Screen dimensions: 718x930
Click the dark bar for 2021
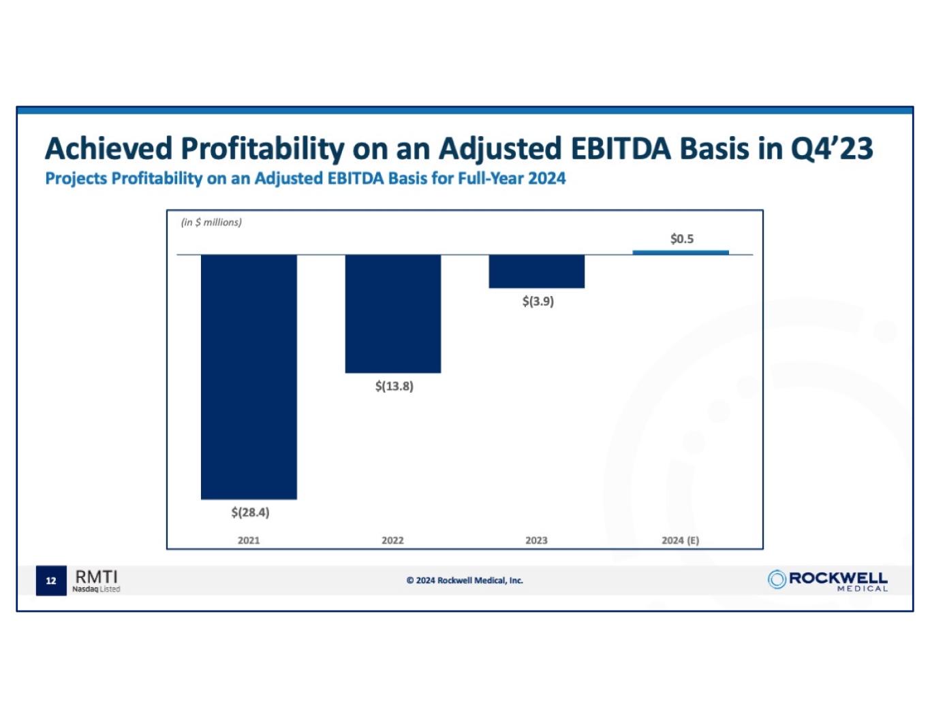tap(249, 376)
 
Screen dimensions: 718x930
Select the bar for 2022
tap(392, 314)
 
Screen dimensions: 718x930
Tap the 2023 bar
tap(536, 271)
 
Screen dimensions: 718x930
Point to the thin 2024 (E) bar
tap(680, 252)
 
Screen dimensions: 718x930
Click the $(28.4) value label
tap(250, 512)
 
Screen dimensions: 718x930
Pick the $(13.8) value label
tap(394, 387)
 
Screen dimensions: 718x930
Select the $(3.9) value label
tap(538, 301)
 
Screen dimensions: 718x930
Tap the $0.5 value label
tap(681, 239)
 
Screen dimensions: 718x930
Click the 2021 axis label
tap(249, 540)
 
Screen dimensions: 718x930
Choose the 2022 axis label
tap(392, 540)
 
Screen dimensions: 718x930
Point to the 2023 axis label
tap(536, 540)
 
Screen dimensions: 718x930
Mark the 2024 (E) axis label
tap(680, 540)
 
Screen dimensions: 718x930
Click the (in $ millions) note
tap(211, 223)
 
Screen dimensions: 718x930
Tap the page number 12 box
tap(51, 581)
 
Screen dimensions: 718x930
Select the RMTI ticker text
tap(96, 577)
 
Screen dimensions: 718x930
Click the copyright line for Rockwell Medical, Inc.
tap(465, 581)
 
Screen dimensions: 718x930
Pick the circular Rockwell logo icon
tap(777, 579)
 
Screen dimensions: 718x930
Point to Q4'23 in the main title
tap(831, 148)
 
